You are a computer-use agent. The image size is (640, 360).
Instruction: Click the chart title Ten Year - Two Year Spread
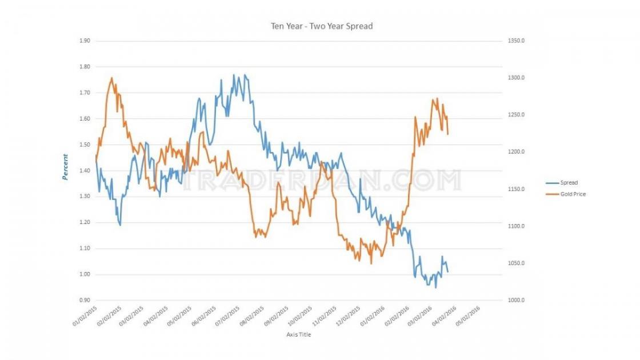click(322, 26)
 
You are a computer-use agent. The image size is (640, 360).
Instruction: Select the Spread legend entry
click(569, 183)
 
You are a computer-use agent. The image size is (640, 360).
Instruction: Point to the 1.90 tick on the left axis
click(85, 41)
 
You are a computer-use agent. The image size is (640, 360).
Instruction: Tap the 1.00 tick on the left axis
click(85, 274)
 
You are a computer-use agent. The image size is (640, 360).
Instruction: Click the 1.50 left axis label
click(85, 145)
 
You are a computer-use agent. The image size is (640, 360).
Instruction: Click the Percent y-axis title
click(65, 167)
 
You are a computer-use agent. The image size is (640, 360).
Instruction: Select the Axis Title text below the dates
click(298, 335)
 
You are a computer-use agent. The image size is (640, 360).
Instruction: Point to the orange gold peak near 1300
click(111, 78)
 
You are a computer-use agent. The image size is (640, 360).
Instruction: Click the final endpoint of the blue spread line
click(447, 271)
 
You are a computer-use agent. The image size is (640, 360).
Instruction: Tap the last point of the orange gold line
click(447, 134)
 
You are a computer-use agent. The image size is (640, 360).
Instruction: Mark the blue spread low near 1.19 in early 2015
click(120, 225)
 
